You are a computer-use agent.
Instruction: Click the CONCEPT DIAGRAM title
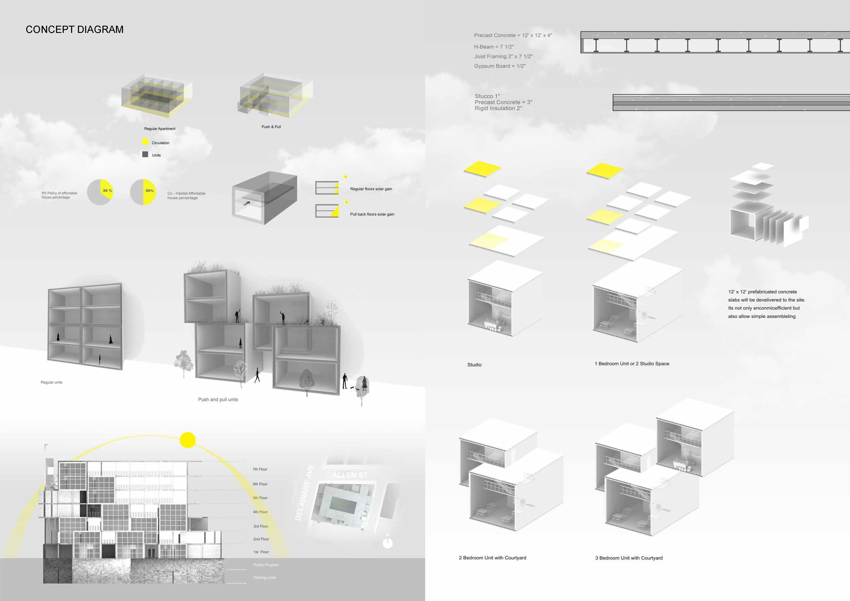pos(74,30)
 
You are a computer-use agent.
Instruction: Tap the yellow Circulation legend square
pos(145,142)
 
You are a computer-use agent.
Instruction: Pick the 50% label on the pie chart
pos(149,191)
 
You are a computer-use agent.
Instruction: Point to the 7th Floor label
pos(260,469)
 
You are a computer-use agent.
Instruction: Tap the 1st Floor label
pos(261,552)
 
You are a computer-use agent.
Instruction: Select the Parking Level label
pos(265,577)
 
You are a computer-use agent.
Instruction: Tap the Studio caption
pos(474,365)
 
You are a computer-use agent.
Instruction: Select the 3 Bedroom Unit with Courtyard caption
pos(629,558)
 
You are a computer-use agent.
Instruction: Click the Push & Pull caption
pos(271,127)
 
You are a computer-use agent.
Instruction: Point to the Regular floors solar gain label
pos(371,189)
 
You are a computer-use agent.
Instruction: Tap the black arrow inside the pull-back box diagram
pos(246,203)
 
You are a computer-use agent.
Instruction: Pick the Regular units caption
pos(51,382)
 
